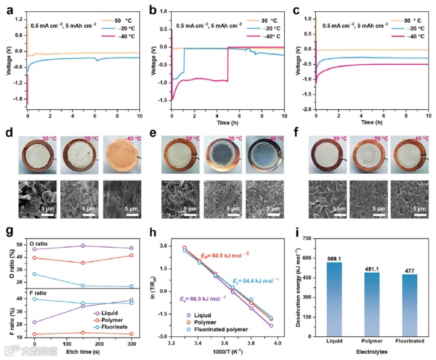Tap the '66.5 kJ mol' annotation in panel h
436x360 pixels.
(x=194, y=300)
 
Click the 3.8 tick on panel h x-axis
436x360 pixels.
(x=251, y=343)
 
